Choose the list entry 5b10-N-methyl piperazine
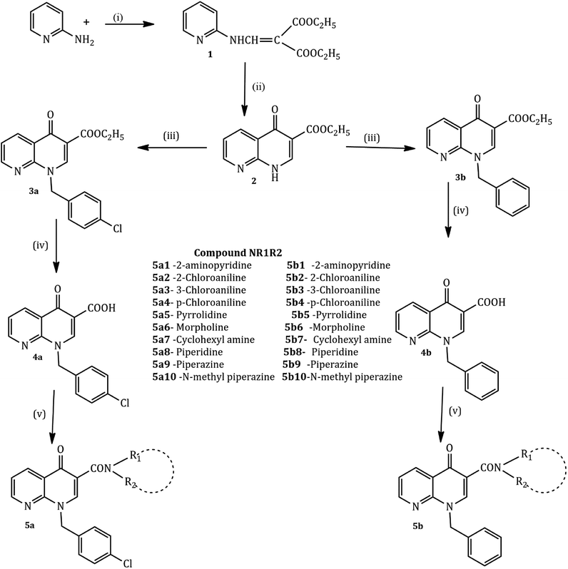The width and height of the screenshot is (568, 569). tap(343, 376)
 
